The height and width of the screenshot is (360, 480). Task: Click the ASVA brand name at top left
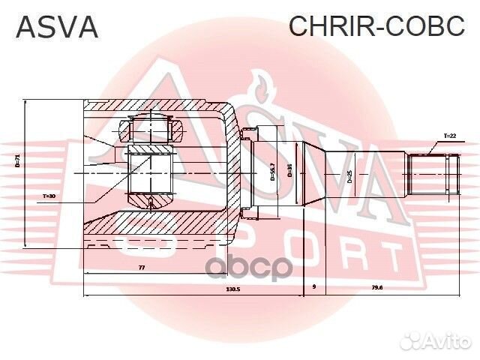point(57,27)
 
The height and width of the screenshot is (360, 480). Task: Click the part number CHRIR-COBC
point(377,26)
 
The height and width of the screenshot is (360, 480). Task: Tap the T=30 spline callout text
point(49,196)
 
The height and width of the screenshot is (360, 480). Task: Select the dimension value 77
point(141,267)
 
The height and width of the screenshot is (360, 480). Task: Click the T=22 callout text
point(449,136)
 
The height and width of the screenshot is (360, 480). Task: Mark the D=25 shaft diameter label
point(349,178)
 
